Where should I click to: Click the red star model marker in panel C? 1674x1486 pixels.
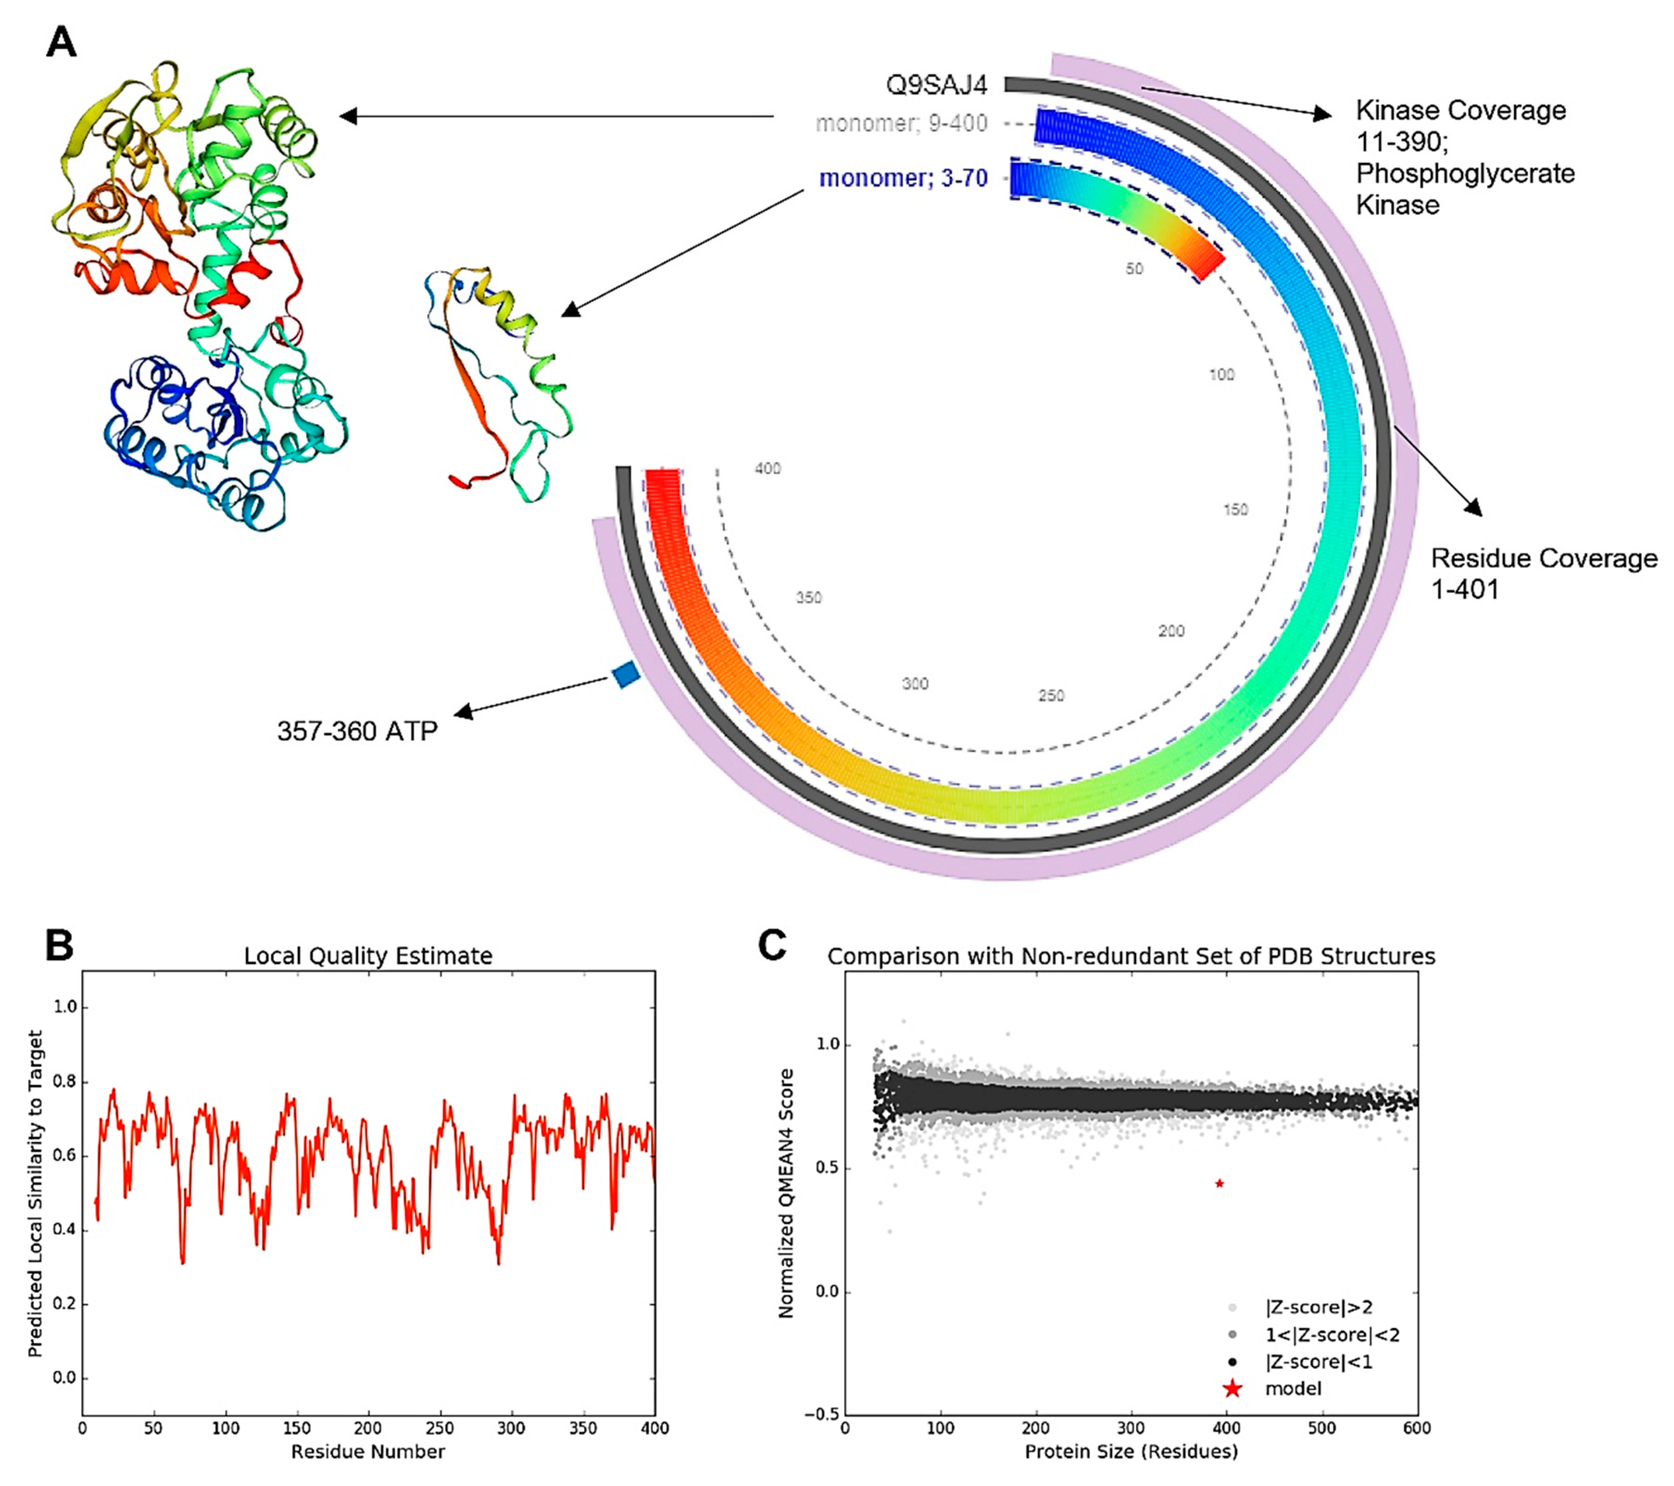point(1219,1183)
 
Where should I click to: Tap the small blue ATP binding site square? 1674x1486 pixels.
point(626,674)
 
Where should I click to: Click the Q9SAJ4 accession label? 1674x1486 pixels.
point(936,84)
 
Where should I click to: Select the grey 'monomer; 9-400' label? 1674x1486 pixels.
point(901,124)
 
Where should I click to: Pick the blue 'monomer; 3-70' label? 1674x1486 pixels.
point(903,179)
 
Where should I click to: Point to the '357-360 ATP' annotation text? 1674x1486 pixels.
point(357,730)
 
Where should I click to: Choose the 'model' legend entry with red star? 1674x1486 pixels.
point(1292,1389)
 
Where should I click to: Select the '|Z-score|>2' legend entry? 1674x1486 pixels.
point(1318,1308)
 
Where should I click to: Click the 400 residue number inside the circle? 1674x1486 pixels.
point(767,469)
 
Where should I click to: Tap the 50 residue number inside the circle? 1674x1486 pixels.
point(1134,269)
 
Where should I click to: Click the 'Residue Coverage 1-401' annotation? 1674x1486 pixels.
point(1544,573)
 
